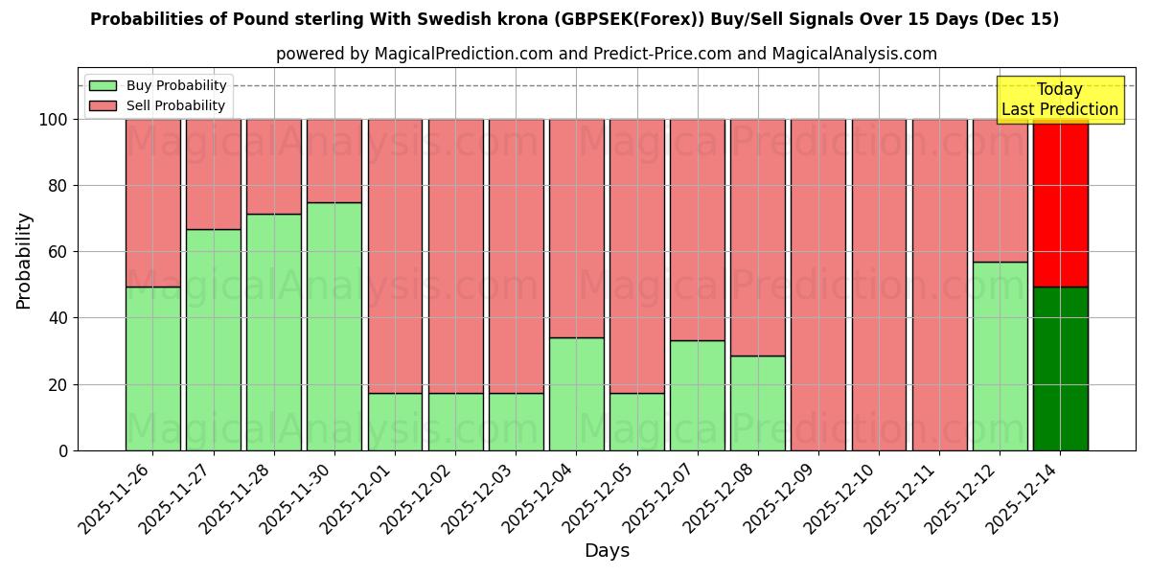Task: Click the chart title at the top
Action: [x=574, y=19]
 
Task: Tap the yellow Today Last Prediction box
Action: [x=1059, y=100]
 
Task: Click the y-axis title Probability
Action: [x=24, y=261]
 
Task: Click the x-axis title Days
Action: [x=607, y=551]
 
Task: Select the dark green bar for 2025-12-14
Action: [x=1060, y=369]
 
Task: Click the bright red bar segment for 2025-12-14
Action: [x=1060, y=203]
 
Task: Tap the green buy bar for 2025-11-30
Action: [x=334, y=326]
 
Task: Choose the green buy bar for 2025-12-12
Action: [x=1000, y=356]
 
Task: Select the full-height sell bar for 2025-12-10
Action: [x=879, y=285]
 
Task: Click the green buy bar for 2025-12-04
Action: [x=576, y=394]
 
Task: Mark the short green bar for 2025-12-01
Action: [x=395, y=422]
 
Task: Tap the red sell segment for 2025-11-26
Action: [x=152, y=203]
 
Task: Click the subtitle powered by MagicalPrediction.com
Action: [x=606, y=54]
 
